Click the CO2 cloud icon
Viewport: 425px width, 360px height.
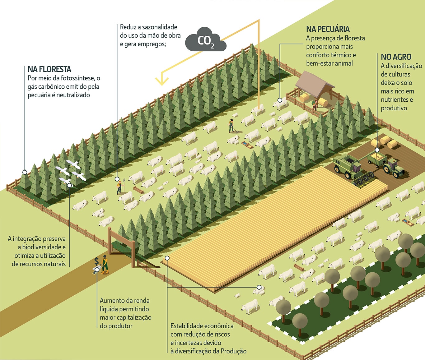point(206,40)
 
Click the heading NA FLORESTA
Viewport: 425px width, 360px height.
point(49,69)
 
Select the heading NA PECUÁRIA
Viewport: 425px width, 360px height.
point(328,29)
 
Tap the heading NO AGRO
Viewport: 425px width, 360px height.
point(396,57)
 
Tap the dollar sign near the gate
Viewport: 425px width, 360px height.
point(96,261)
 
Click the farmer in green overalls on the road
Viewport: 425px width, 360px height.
point(105,264)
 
